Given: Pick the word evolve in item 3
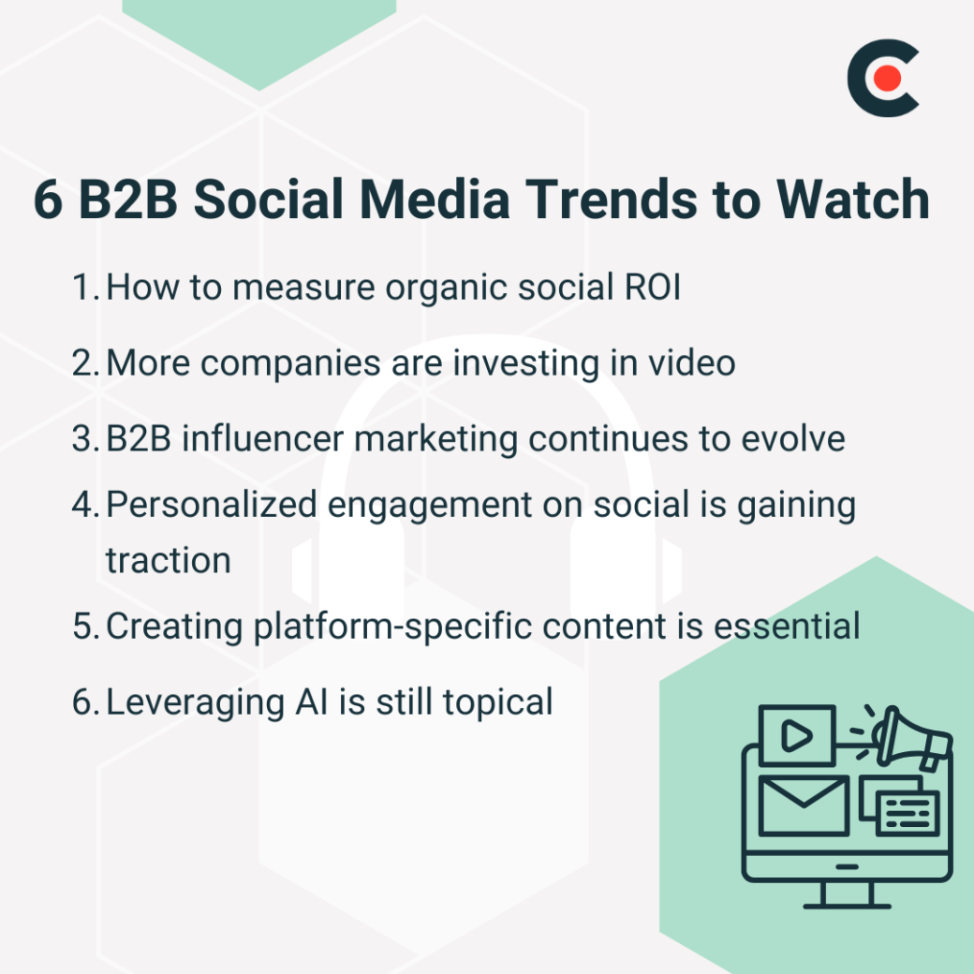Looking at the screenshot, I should click(794, 438).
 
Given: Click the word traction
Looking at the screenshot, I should click(168, 560).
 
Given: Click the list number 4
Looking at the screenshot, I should click(84, 505).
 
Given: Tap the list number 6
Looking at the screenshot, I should click(84, 701).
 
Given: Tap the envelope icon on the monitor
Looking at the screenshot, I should click(803, 804).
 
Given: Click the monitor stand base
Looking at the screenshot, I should click(847, 904).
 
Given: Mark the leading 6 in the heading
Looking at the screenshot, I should click(49, 199).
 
